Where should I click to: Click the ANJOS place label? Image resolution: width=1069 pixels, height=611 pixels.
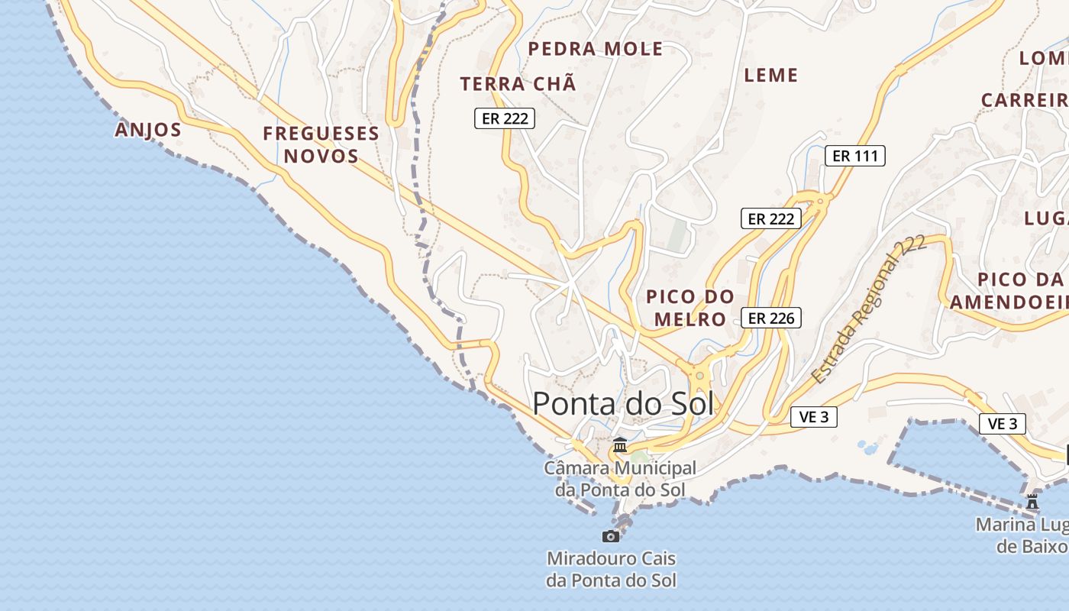click(148, 130)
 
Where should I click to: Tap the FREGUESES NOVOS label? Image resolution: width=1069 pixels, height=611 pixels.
click(321, 144)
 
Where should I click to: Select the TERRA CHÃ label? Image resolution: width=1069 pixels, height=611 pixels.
click(518, 84)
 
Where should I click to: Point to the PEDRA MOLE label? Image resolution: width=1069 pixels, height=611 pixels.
click(596, 50)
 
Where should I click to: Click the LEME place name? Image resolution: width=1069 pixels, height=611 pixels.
click(770, 75)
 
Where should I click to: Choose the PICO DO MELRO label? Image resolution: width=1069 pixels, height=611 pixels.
click(690, 308)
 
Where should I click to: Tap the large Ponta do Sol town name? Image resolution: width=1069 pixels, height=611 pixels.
click(623, 403)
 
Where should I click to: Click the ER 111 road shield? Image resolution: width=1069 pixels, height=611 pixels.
click(855, 156)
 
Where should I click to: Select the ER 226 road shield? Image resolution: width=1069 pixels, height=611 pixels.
click(771, 318)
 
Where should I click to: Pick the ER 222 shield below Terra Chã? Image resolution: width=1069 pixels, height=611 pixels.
click(505, 118)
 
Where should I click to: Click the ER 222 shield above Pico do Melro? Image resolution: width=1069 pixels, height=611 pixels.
click(771, 218)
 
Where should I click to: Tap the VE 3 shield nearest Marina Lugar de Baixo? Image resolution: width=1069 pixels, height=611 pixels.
click(1003, 424)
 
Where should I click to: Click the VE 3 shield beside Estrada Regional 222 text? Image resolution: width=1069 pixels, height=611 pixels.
click(814, 417)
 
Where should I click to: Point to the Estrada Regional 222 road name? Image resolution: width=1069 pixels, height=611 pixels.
click(868, 309)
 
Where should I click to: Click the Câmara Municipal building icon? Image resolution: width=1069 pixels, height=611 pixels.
click(620, 445)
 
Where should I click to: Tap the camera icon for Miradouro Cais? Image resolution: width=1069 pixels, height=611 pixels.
click(610, 536)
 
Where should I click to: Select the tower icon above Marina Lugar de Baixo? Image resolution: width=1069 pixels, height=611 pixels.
click(1033, 502)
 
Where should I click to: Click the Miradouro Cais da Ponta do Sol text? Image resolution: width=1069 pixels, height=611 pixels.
click(611, 570)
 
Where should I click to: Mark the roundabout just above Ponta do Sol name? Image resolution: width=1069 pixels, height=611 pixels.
click(699, 375)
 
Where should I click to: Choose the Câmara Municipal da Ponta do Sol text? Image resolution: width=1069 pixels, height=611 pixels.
click(620, 479)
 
